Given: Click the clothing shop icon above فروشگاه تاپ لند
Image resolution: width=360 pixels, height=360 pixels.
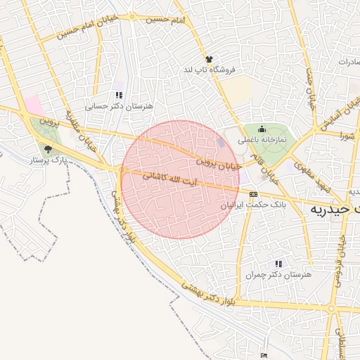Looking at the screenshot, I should point(209,59).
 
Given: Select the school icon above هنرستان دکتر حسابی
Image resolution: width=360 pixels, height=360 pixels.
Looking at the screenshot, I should point(119,95).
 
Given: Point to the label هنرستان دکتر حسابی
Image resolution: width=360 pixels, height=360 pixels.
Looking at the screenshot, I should point(118,107).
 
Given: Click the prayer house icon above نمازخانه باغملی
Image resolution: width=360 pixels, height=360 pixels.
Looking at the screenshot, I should point(262,129).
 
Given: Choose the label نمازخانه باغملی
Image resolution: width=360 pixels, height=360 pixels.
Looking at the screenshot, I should point(262,140).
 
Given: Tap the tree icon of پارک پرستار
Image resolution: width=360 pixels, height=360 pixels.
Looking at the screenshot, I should point(48,149).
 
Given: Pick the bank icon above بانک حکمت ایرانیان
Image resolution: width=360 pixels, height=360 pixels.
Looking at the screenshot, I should point(253,194).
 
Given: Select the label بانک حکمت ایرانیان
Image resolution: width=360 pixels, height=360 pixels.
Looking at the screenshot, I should point(255,205).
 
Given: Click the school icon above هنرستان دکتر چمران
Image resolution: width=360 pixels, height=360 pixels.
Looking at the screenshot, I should point(278,263).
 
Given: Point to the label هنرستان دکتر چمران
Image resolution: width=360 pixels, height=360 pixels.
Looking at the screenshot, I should point(278,274).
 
